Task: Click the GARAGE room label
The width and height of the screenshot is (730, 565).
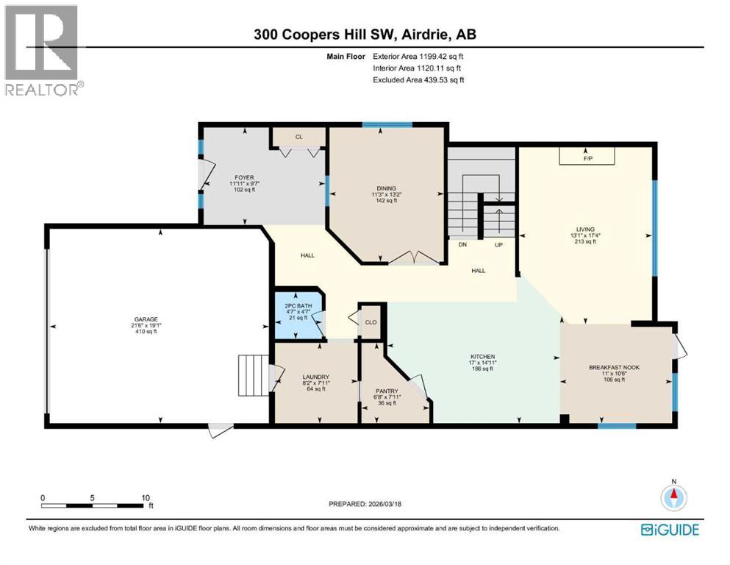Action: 145,319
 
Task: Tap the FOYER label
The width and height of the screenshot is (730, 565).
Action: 244,177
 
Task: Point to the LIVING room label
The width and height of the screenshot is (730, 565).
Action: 585,229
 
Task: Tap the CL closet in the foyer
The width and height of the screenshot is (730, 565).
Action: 298,137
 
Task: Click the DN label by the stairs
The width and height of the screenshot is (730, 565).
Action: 462,244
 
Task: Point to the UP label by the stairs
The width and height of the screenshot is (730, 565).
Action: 498,244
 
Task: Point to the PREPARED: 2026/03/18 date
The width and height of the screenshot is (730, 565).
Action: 365,504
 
